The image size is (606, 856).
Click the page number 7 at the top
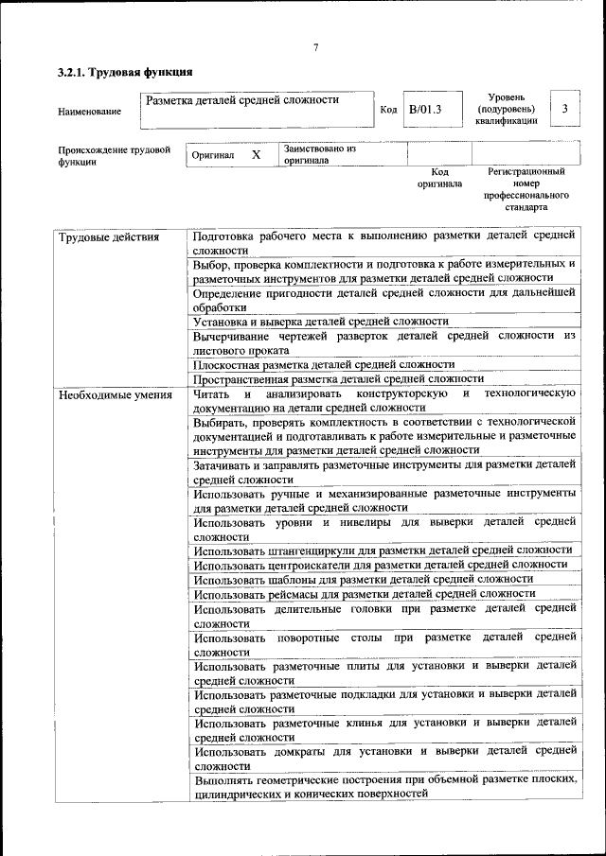point(316,48)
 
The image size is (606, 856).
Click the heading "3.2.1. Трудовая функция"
point(125,72)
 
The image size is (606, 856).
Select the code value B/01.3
point(425,109)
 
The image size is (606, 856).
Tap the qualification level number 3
point(564,109)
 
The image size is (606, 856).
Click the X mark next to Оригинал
point(256,154)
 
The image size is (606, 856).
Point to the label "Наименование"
point(90,112)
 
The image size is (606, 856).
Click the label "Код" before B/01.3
point(388,110)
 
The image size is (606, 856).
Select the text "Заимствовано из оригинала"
point(319,155)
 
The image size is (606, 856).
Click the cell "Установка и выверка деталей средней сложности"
point(320,322)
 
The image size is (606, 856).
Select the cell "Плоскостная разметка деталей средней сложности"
point(323,364)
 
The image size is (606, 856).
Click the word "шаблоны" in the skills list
point(292,579)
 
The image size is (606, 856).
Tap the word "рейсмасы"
point(294,593)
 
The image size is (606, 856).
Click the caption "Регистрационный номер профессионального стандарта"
point(526,189)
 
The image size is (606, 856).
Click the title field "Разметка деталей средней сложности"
point(241,99)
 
